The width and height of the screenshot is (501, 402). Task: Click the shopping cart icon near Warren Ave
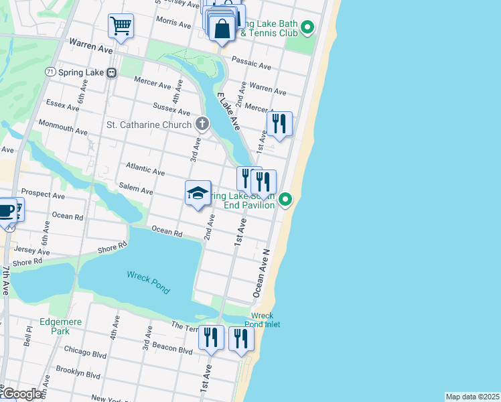tap(121, 26)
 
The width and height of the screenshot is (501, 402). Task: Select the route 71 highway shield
tap(50, 72)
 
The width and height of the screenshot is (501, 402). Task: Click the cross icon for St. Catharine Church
tap(202, 123)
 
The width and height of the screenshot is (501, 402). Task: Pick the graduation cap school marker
tap(198, 194)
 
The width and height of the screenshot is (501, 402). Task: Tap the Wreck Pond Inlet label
tap(265, 320)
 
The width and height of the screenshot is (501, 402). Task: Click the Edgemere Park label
tap(60, 326)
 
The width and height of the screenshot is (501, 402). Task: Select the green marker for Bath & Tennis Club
tap(307, 27)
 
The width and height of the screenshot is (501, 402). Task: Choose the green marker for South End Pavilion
tap(285, 199)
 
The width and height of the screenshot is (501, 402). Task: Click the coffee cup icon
tap(7, 210)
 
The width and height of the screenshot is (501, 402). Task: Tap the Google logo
tap(21, 394)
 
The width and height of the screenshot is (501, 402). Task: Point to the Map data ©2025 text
tap(472, 397)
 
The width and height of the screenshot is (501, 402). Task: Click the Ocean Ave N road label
tap(261, 273)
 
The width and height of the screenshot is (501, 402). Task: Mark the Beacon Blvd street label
tap(173, 349)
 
